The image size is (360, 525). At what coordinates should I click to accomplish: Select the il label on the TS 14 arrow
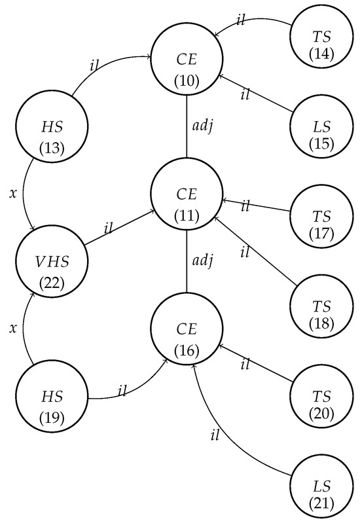point(241,20)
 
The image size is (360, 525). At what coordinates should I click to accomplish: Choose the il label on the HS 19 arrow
point(122,391)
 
